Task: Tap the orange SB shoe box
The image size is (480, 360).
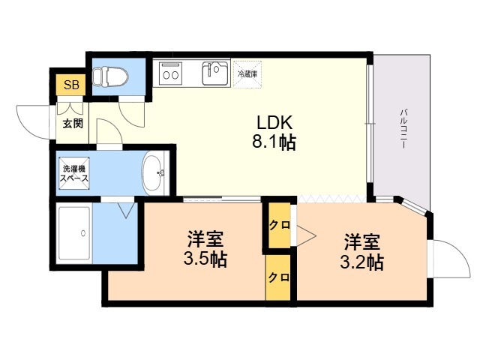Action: tap(71, 85)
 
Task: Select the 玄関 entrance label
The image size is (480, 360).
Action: tap(73, 123)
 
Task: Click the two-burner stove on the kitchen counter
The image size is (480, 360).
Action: tap(171, 73)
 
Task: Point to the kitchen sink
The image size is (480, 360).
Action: tap(215, 73)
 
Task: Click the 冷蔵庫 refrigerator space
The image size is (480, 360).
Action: tap(247, 74)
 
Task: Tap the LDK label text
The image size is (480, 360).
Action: tap(274, 123)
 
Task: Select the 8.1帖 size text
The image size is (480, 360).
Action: tap(274, 142)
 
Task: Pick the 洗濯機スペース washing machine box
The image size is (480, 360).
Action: tap(74, 173)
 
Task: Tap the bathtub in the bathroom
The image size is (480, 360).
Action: tap(74, 233)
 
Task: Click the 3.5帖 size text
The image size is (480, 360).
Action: tap(205, 259)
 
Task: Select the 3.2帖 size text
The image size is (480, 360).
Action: tap(361, 262)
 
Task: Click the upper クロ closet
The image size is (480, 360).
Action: tap(280, 225)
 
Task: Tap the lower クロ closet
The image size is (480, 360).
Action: tap(278, 277)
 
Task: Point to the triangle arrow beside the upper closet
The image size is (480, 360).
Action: tap(306, 235)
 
